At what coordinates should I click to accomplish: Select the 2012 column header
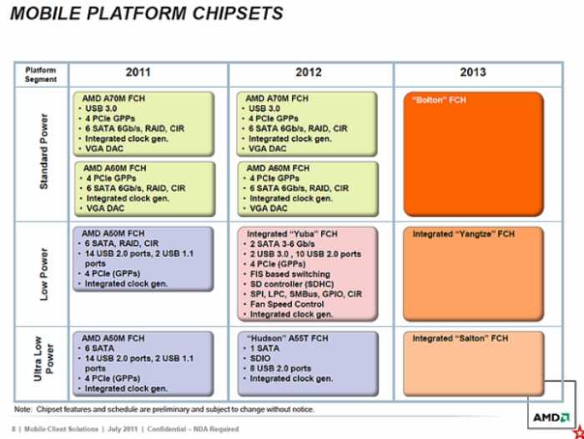click(309, 73)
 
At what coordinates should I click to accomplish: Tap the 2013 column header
click(472, 73)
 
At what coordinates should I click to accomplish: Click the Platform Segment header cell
click(41, 73)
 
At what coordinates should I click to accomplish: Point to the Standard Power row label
click(43, 155)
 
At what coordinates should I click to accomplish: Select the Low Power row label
click(43, 275)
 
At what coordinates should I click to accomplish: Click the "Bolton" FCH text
click(440, 100)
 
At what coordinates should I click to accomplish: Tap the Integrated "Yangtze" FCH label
click(464, 235)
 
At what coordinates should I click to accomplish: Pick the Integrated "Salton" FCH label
click(461, 339)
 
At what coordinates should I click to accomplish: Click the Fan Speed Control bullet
click(288, 305)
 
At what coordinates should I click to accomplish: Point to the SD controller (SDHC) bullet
click(294, 285)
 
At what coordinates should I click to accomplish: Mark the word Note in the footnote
click(23, 409)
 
